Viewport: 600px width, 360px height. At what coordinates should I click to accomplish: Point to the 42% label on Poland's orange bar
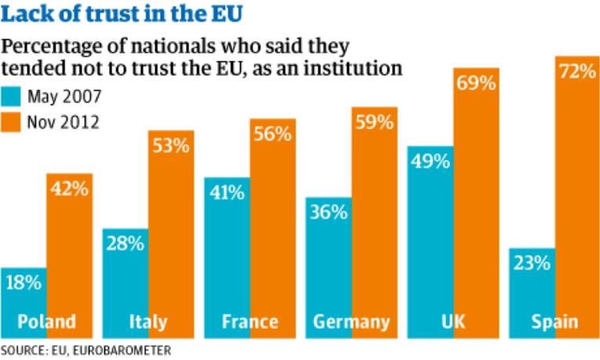click(x=69, y=187)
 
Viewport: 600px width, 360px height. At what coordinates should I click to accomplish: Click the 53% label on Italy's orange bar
click(x=171, y=145)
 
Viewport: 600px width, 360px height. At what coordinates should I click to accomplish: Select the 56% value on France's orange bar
click(x=272, y=134)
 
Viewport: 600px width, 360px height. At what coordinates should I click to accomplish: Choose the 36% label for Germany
click(x=326, y=213)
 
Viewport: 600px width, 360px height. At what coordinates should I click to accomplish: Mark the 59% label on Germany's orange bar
click(x=374, y=123)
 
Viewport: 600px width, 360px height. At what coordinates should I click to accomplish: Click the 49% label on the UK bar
click(x=429, y=162)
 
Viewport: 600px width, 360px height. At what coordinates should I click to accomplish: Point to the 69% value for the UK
click(x=476, y=83)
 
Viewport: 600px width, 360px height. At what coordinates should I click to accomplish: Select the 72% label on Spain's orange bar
click(x=577, y=71)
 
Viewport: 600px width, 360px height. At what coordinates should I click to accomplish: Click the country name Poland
click(x=47, y=322)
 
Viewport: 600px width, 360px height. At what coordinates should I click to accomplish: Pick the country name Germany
click(x=351, y=322)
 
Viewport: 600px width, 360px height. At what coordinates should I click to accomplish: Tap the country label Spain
click(x=553, y=322)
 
